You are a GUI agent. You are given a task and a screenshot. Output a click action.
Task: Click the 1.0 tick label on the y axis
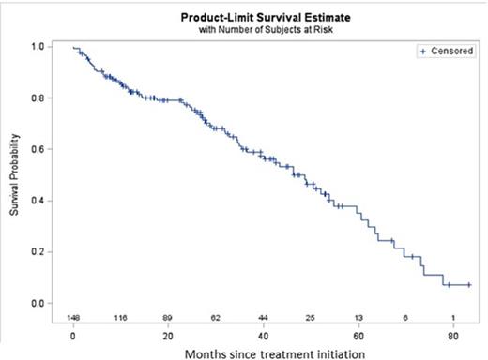click(x=38, y=46)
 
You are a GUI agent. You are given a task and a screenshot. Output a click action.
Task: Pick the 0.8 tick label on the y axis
click(x=38, y=97)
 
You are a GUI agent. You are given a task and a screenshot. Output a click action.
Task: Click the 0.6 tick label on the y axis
click(x=38, y=149)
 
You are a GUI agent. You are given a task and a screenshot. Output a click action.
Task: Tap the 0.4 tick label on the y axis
click(x=38, y=201)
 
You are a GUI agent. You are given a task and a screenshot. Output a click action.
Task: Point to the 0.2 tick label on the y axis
click(x=38, y=252)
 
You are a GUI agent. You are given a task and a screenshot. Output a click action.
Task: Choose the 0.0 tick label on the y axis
click(x=38, y=304)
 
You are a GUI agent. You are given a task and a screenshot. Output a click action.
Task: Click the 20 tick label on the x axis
click(x=167, y=334)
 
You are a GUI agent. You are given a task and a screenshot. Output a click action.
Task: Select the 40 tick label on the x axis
click(x=263, y=334)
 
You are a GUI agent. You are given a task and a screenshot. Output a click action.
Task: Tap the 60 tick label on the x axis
click(x=358, y=334)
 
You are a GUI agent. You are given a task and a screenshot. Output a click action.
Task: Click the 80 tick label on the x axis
click(x=453, y=334)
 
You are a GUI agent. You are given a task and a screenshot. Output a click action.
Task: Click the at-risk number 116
click(x=119, y=318)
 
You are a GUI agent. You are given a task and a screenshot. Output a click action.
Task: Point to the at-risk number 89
click(x=167, y=318)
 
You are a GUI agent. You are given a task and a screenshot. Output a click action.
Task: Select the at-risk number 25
click(x=311, y=318)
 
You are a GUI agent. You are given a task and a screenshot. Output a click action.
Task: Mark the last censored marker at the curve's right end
click(x=468, y=284)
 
